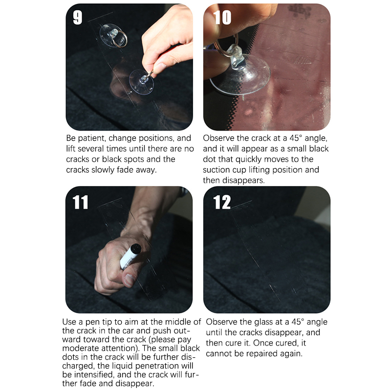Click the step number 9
(78, 18)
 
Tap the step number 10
(222, 18)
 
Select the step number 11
(80, 202)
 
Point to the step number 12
(222, 202)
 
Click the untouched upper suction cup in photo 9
(113, 35)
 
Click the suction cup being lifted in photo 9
(141, 82)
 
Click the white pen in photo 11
(130, 256)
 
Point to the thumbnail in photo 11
(130, 279)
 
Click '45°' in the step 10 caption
(296, 138)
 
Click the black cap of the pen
(136, 248)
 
